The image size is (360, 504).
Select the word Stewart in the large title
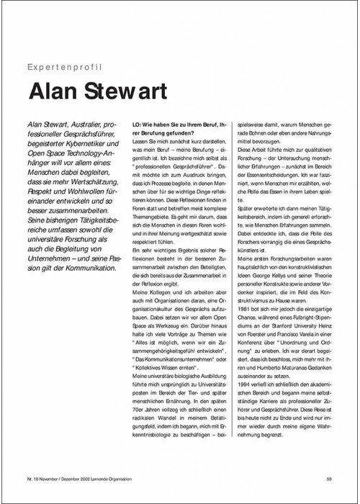tap(127, 94)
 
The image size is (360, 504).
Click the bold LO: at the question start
tap(130, 124)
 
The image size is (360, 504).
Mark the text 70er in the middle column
tap(132, 395)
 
